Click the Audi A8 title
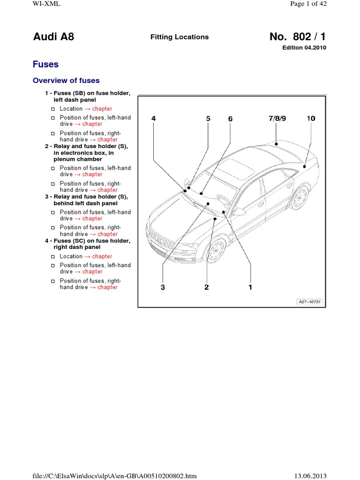[53, 37]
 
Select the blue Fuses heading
[45, 64]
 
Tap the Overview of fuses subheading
[66, 80]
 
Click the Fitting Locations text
[180, 37]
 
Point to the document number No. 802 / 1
[298, 37]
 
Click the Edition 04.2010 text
[304, 48]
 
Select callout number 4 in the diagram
[153, 119]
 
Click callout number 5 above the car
[209, 119]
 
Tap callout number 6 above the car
[230, 119]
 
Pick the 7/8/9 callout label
[277, 119]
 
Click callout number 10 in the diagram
[311, 119]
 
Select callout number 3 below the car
[163, 287]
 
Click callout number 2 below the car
[206, 287]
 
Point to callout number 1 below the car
[250, 287]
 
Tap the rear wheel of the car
[299, 197]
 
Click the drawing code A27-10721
[309, 301]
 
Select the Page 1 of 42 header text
[308, 4]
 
